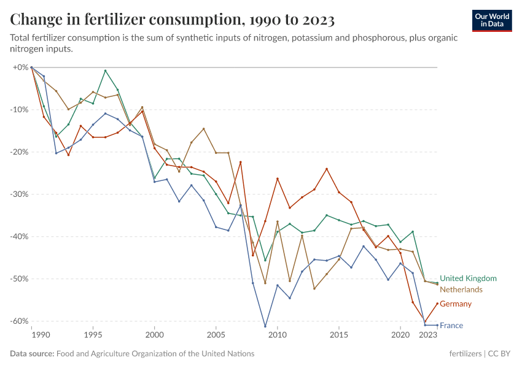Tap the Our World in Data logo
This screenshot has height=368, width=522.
click(x=492, y=20)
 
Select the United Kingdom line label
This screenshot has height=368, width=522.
click(x=468, y=278)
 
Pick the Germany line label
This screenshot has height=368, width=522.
click(x=456, y=304)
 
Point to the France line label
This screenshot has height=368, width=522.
click(x=451, y=326)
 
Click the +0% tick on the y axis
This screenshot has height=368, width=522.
click(x=21, y=67)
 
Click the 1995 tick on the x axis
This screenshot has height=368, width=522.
click(x=93, y=335)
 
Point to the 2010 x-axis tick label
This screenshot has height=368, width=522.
click(x=278, y=335)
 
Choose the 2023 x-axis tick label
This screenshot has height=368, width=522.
click(x=428, y=335)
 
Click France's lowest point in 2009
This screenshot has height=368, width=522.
click(x=265, y=326)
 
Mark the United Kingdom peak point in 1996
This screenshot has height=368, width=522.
click(x=105, y=71)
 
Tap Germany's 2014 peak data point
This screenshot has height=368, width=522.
click(x=327, y=169)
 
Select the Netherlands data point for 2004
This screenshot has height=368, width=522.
click(x=203, y=129)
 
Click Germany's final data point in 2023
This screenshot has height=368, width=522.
click(x=437, y=303)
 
